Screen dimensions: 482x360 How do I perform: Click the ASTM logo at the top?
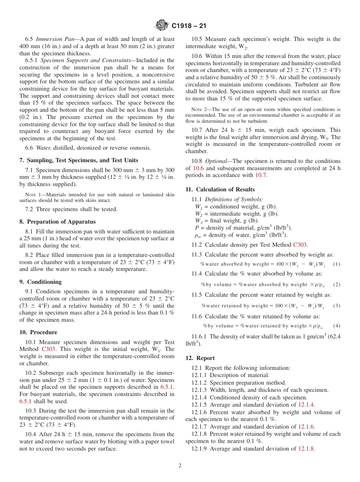pos(162,26)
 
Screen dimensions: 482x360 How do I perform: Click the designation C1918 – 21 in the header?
pos(189,26)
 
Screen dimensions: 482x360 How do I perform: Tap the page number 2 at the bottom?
pos(180,466)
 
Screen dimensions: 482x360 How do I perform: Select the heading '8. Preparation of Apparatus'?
pos(58,222)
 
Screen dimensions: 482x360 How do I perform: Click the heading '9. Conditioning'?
pos(41,282)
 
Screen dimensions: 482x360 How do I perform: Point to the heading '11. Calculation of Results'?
pos(220,189)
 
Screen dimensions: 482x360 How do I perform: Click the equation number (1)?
pos(337,264)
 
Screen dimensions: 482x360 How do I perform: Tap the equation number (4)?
pos(337,326)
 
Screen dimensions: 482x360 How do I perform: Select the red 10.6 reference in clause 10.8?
pos(198,168)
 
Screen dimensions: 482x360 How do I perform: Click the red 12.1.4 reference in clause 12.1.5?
pos(306,405)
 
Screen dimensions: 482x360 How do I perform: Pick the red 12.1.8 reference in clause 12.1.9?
pos(306,449)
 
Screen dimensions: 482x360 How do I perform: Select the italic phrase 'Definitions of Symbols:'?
pos(234,199)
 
